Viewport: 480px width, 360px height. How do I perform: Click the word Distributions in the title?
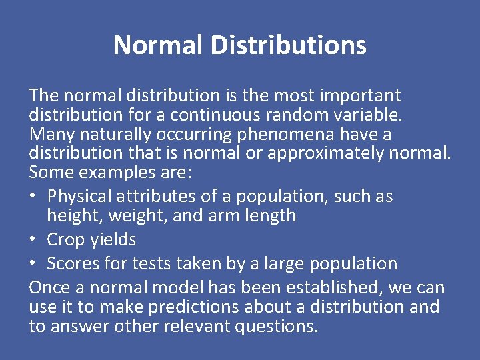pyautogui.click(x=288, y=45)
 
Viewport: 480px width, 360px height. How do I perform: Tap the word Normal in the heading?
pyautogui.click(x=158, y=45)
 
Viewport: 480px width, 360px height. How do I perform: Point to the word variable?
pyautogui.click(x=370, y=115)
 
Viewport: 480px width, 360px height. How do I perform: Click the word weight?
pyautogui.click(x=129, y=216)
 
